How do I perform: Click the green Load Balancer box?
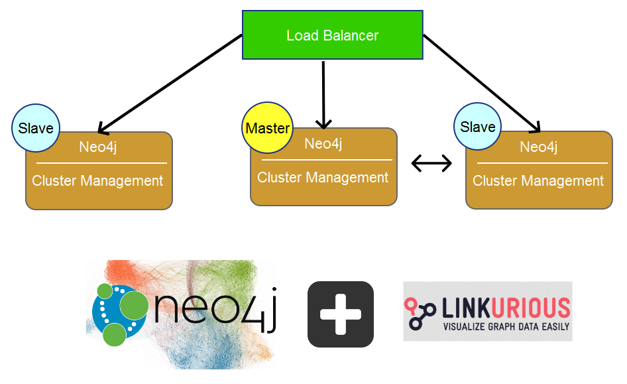332,34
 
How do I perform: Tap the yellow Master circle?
267,127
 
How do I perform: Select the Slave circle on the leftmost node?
36,128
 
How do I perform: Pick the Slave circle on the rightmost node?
477,126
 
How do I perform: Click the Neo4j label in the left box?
99,147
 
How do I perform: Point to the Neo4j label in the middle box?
323,143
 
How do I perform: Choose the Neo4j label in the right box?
538,147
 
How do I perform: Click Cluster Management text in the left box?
97,180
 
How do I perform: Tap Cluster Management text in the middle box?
323,178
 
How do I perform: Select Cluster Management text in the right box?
538,180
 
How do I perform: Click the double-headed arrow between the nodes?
431,162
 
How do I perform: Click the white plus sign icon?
341,314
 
